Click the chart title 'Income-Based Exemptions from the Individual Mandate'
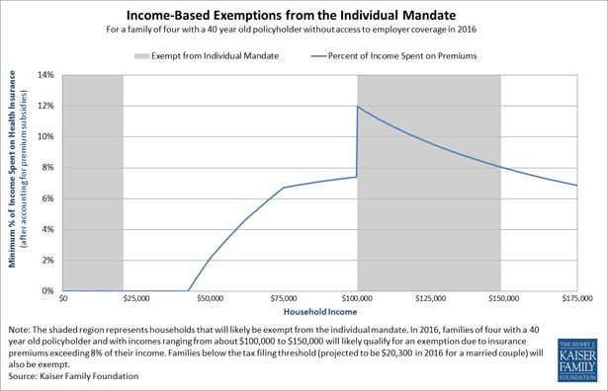coord(304,18)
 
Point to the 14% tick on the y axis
coord(45,75)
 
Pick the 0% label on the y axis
coord(47,291)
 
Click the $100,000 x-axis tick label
coord(357,296)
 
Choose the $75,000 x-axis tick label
coord(283,296)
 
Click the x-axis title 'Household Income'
coord(319,310)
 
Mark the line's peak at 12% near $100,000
coord(357,107)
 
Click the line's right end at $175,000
coord(576,186)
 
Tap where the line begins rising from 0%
coord(188,290)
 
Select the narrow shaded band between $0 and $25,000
coord(93,183)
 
